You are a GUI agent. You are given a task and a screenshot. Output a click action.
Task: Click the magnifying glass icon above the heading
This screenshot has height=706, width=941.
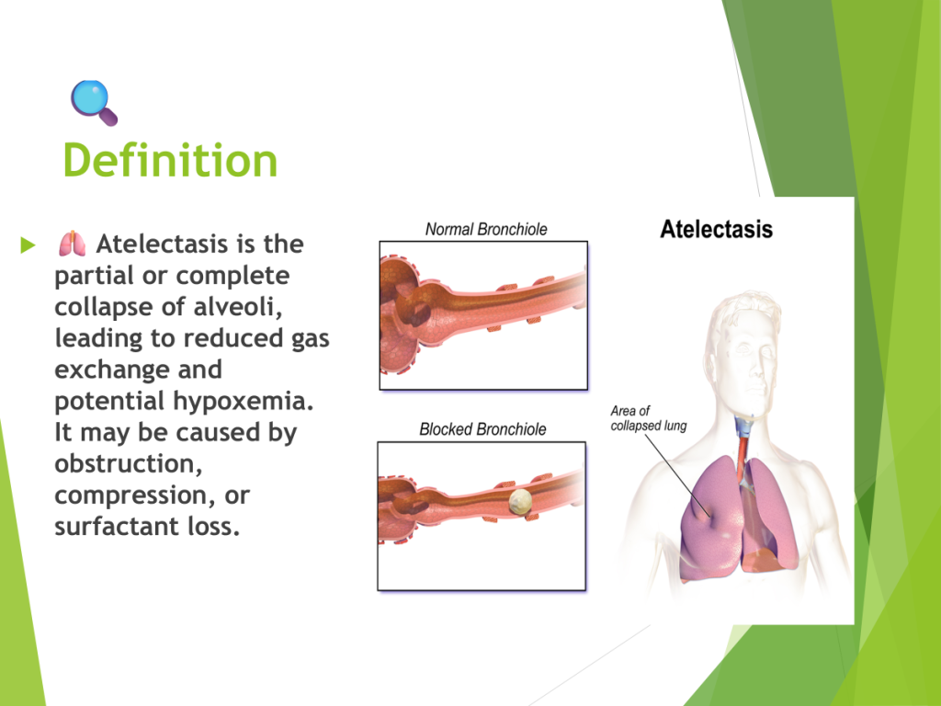coord(94,103)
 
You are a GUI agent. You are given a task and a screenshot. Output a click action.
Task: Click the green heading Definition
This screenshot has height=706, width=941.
coord(170,160)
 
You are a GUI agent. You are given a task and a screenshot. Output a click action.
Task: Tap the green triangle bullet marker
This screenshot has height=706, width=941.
coord(28,245)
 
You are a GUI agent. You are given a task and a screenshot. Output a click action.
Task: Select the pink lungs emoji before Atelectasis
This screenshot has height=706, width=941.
coord(72,244)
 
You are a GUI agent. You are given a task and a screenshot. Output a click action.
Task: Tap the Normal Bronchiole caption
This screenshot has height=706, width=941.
coord(486,229)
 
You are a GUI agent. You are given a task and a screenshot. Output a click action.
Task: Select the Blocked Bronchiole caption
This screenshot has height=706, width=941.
coord(482,429)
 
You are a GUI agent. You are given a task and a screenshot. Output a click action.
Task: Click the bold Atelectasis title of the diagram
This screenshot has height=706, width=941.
coord(716,229)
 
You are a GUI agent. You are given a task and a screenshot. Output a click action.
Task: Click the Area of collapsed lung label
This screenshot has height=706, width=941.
coord(648,418)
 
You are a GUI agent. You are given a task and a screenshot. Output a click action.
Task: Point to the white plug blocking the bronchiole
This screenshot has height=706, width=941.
coord(520,502)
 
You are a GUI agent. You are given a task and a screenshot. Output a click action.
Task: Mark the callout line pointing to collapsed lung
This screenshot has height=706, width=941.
coord(678,475)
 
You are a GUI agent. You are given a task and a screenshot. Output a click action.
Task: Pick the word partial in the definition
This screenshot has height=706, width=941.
coord(95,276)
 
